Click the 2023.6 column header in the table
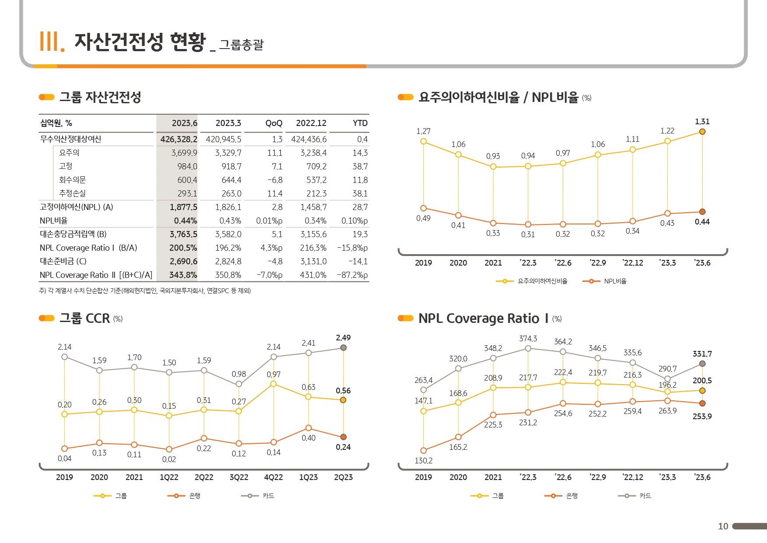coord(184,123)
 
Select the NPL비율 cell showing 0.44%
coord(185,221)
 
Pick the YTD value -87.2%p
coord(352,275)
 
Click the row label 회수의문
coord(72,180)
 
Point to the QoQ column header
coord(274,123)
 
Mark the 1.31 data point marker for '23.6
coord(702,132)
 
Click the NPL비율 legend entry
coord(605,281)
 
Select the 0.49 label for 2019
coord(423,218)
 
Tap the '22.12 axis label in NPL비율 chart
coord(633,263)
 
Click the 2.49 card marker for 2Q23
coord(343,348)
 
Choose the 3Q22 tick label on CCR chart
coord(239,477)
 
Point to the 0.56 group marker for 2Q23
coord(343,400)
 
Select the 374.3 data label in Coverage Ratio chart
coord(528,339)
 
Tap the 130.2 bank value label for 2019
coord(423,461)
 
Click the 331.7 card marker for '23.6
coord(702,364)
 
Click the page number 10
coord(723,526)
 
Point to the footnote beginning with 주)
coord(145,291)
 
